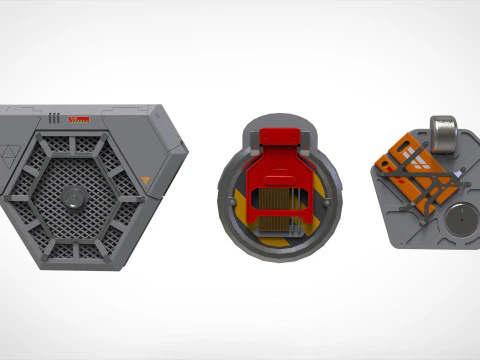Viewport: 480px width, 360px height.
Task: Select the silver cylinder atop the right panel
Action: coord(444,135)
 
